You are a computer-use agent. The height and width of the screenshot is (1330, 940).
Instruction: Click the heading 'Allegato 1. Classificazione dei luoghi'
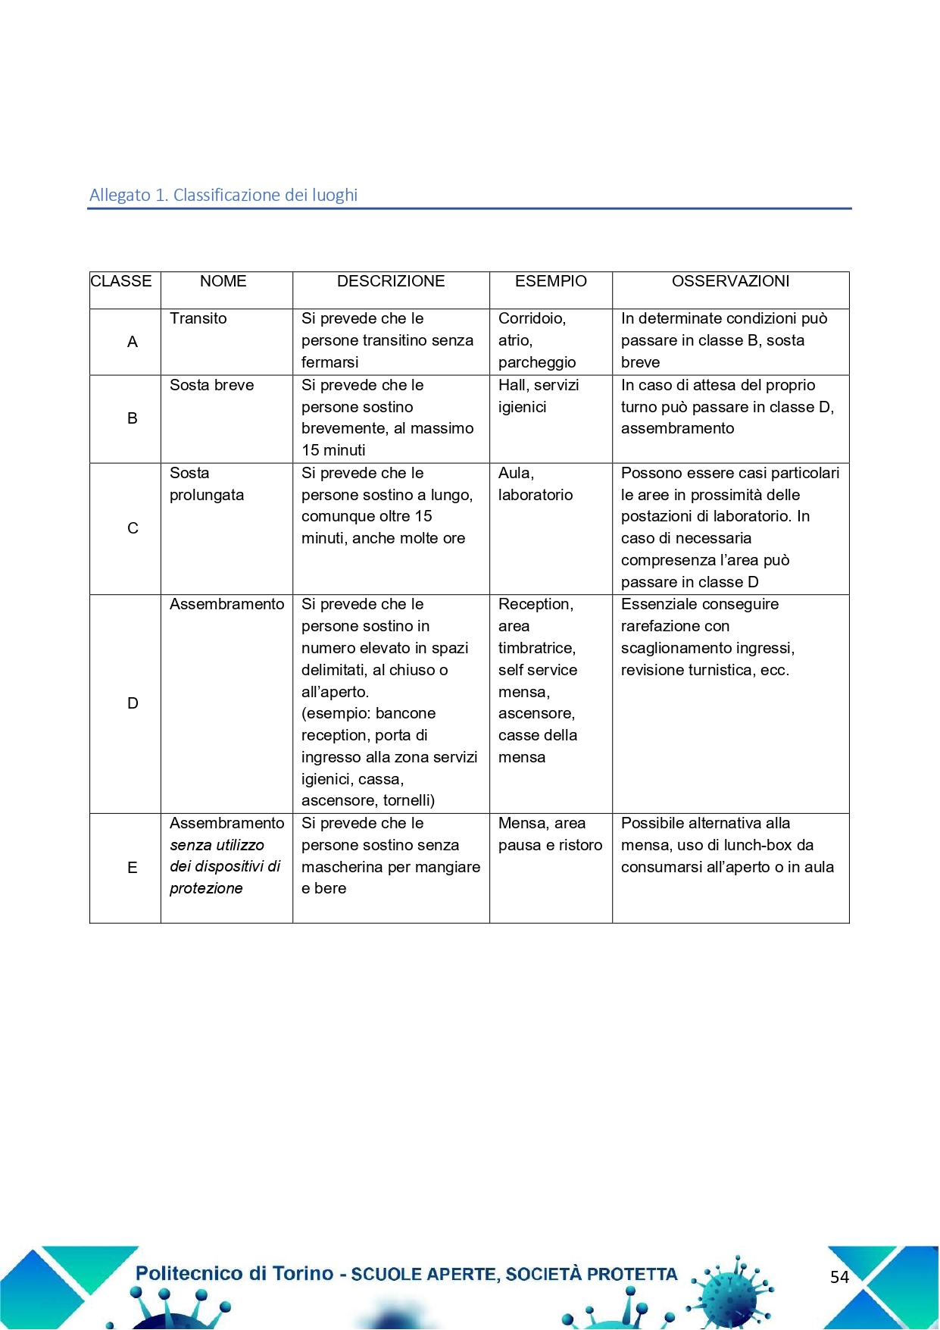223,195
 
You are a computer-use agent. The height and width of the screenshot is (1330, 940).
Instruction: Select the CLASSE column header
121,281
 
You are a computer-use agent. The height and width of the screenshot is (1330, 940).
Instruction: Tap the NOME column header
223,281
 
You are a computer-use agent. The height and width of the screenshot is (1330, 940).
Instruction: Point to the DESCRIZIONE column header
391,281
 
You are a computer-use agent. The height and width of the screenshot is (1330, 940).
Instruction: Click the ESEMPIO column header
551,281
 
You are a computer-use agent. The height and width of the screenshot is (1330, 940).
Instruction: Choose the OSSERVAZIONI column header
730,281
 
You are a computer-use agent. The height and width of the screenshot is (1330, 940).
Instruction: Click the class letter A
133,342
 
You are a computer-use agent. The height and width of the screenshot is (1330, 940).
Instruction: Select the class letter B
133,418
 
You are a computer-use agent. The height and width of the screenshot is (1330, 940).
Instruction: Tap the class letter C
133,528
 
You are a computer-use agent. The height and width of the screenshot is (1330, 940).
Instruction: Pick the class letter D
133,703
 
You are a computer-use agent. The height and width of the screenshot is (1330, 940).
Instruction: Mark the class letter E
133,868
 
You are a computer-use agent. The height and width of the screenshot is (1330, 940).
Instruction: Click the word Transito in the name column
198,318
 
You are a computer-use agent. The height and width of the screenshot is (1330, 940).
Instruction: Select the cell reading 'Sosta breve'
212,385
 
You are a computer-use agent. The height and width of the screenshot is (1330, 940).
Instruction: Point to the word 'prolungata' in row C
207,495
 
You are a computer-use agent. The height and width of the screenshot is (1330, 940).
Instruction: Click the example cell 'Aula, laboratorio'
536,483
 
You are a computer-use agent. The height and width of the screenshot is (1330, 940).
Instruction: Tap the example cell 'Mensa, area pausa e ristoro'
550,834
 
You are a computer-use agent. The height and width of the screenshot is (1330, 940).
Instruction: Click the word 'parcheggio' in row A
537,362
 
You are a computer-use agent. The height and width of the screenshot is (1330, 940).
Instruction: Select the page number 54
839,1277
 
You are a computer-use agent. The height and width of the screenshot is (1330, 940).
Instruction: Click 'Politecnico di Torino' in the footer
235,1273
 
